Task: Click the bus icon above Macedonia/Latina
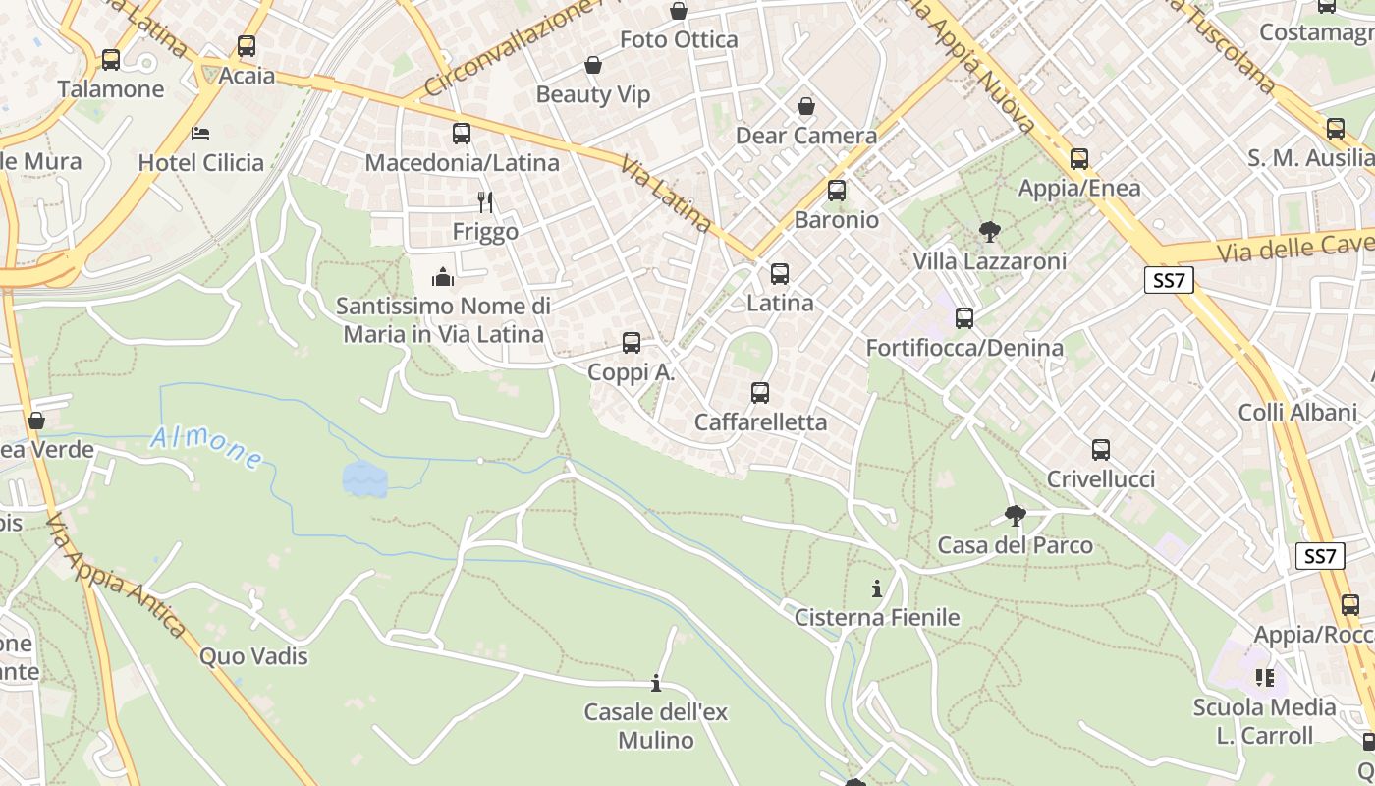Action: [462, 134]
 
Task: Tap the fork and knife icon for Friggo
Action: [485, 202]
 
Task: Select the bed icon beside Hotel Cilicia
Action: [201, 133]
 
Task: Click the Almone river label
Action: [206, 447]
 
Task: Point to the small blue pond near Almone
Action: [364, 479]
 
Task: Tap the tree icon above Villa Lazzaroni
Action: [989, 232]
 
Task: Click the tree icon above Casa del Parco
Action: [1016, 515]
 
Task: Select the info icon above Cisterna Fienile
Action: [876, 589]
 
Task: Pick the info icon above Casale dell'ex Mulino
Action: [656, 683]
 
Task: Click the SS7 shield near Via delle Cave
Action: [1169, 281]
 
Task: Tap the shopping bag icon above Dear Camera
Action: [806, 106]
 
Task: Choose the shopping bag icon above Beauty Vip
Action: [593, 66]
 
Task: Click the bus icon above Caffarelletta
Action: [760, 393]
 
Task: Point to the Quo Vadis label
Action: [253, 656]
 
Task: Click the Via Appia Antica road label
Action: [116, 576]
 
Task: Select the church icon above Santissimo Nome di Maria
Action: [443, 277]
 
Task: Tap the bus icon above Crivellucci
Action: [1101, 450]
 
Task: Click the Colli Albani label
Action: [1297, 412]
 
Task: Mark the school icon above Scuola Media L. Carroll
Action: [1264, 678]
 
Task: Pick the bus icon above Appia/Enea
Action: [1079, 159]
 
